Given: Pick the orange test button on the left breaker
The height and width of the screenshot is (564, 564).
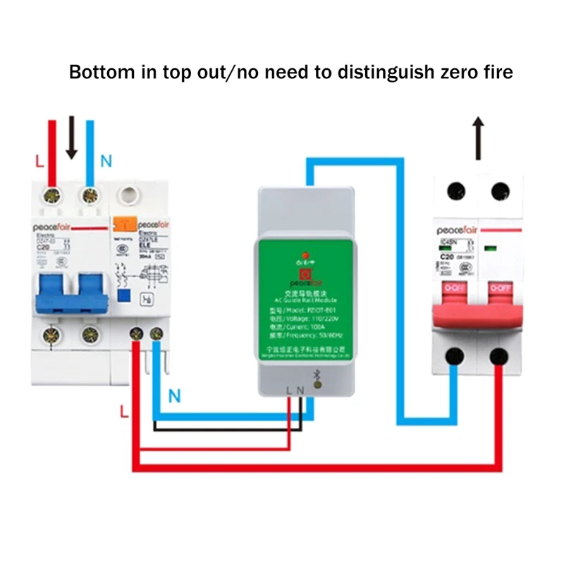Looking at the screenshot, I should click(x=124, y=223).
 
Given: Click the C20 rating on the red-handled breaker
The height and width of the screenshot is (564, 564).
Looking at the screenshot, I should click(x=446, y=256).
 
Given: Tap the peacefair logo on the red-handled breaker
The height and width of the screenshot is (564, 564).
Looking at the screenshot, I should click(x=458, y=229).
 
